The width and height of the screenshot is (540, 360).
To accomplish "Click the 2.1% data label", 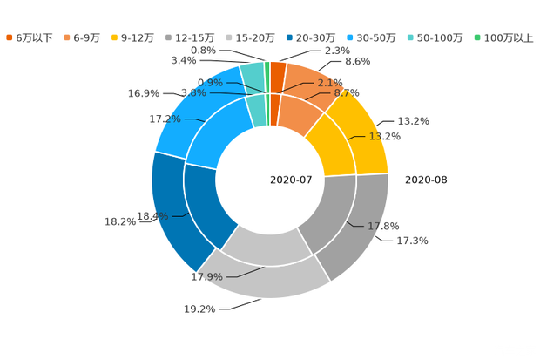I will [330, 83].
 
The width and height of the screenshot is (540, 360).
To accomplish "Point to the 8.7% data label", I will [348, 92].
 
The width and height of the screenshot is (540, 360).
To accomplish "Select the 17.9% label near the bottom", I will [207, 277].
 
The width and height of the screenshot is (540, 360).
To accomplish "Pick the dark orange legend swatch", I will [10, 37].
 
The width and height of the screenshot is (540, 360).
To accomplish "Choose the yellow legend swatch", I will [117, 37].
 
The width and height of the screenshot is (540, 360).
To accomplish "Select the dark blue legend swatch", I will [287, 37].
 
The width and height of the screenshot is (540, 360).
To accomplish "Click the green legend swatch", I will [476, 37].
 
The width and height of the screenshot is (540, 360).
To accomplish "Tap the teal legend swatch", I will [409, 37].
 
